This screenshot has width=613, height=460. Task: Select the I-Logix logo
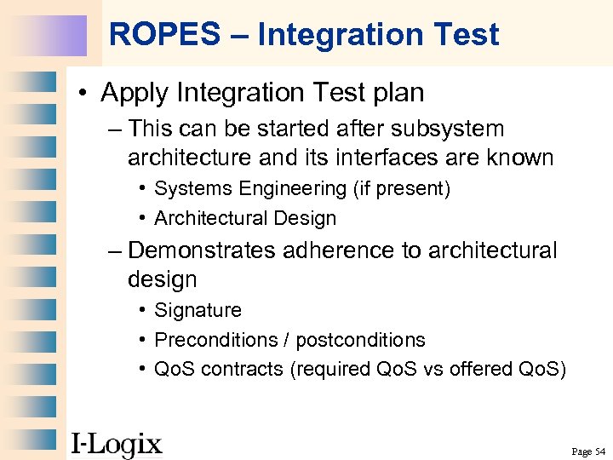tap(116, 444)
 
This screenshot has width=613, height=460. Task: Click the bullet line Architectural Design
tap(244, 218)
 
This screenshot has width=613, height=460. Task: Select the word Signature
tap(198, 311)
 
